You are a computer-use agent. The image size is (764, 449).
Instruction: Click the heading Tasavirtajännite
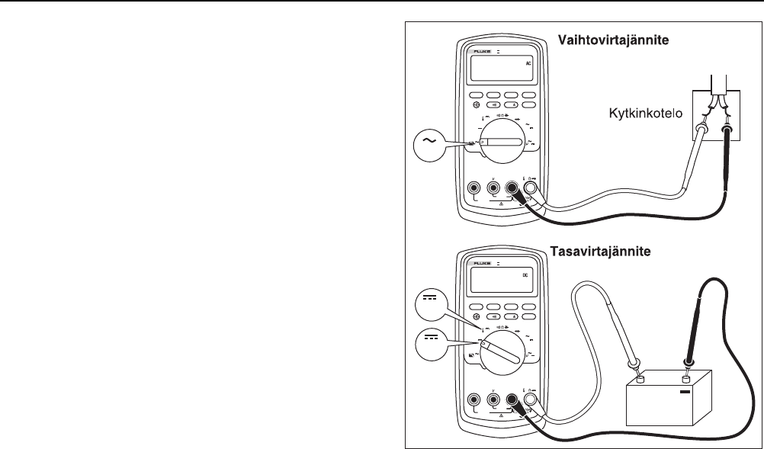(612, 250)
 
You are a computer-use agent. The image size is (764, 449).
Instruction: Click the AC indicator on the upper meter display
(528, 65)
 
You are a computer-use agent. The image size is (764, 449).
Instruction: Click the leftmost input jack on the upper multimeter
(473, 188)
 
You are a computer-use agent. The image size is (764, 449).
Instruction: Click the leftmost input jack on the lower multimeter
(473, 399)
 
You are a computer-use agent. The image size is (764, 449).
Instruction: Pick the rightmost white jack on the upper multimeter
(530, 188)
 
